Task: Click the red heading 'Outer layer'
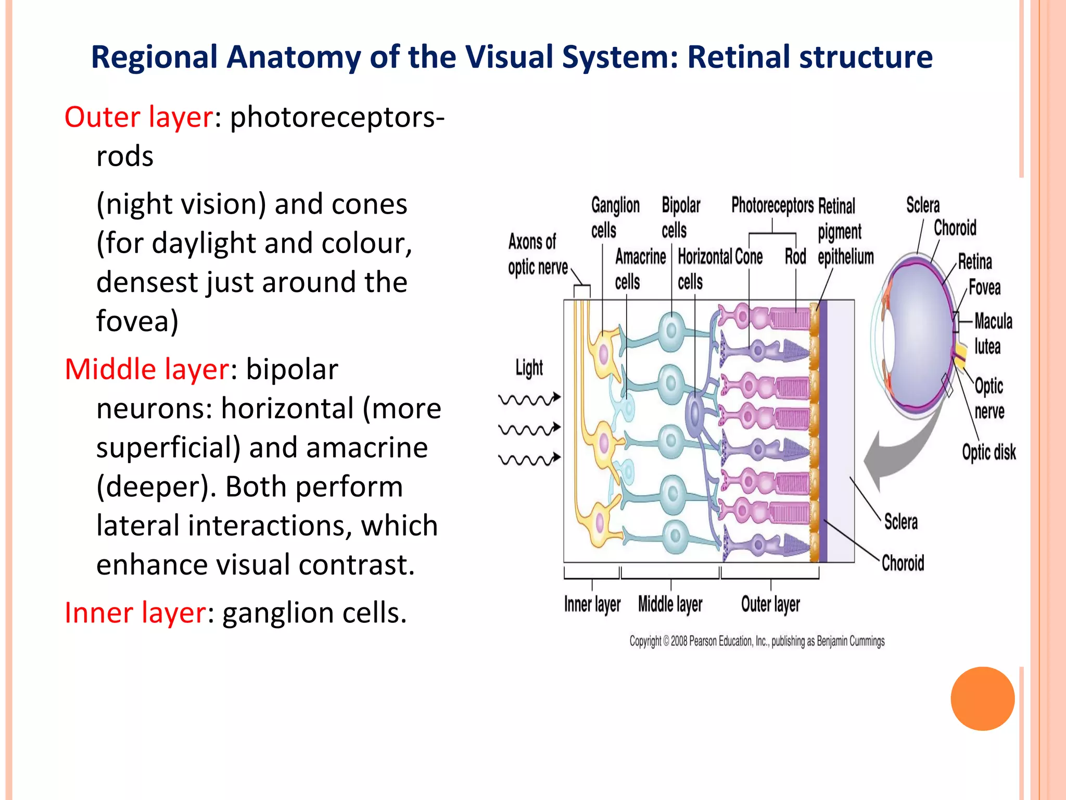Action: pos(138,117)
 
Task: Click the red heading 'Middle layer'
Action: pos(146,369)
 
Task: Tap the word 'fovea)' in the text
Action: pos(137,321)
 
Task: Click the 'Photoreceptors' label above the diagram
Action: pos(772,205)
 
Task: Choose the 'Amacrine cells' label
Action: pos(640,269)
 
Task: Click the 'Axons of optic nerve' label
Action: pos(537,255)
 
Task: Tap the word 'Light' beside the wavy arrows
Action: pos(529,368)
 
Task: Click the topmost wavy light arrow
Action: pos(529,399)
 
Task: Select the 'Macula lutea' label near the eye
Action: pos(993,333)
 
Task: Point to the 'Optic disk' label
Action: pos(988,452)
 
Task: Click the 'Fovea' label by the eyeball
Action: pos(984,287)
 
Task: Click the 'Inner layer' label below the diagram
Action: pos(592,605)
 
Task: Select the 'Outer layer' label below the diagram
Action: pos(770,605)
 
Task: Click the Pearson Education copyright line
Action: pos(757,641)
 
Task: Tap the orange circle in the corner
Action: pos(982,698)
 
